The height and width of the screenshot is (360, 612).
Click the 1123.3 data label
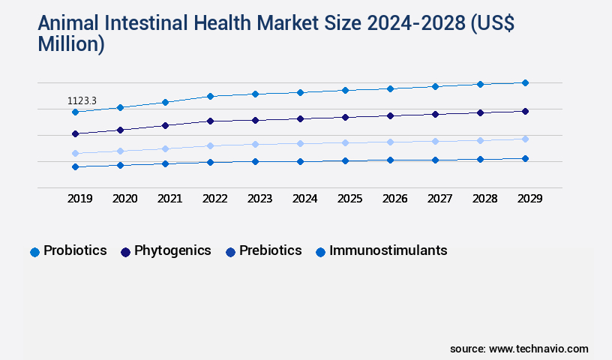pyautogui.click(x=82, y=100)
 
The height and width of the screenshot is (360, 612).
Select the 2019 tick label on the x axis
pyautogui.click(x=80, y=199)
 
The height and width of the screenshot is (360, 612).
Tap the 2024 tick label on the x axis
pyautogui.click(x=304, y=199)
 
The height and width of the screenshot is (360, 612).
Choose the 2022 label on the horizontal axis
pyautogui.click(x=214, y=199)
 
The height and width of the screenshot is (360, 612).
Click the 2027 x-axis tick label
pyautogui.click(x=439, y=199)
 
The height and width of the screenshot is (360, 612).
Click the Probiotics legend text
pyautogui.click(x=75, y=250)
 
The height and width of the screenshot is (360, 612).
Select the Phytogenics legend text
pyautogui.click(x=172, y=250)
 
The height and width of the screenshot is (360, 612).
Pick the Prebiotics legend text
pyautogui.click(x=270, y=250)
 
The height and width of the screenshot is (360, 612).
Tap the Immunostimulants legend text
pyautogui.click(x=388, y=250)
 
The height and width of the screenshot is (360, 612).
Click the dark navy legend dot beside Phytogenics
pyautogui.click(x=125, y=252)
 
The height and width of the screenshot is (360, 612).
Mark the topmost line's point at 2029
pyautogui.click(x=525, y=82)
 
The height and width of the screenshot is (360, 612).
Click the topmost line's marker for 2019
pyautogui.click(x=75, y=112)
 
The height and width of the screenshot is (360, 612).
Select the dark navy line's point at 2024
pyautogui.click(x=300, y=118)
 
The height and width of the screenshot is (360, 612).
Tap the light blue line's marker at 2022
pyautogui.click(x=211, y=145)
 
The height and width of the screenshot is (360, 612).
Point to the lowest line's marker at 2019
pyautogui.click(x=75, y=166)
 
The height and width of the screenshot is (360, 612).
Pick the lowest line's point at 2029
pyautogui.click(x=525, y=158)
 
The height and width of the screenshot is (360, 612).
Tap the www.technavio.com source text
pyautogui.click(x=538, y=349)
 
